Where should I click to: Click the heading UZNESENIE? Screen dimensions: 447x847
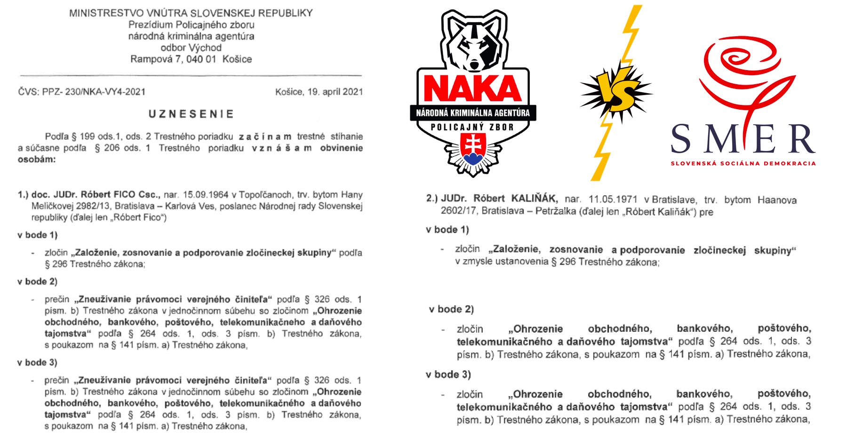[x=191, y=114]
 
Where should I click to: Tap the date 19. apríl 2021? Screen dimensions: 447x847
[x=335, y=92]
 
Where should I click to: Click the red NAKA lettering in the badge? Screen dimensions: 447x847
[x=472, y=88]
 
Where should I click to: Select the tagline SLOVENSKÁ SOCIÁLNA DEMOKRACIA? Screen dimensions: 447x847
[x=743, y=164]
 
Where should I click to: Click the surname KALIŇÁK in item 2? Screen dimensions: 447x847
[x=534, y=199]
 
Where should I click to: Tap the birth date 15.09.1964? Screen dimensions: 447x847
[x=206, y=195]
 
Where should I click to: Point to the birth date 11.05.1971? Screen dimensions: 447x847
[x=613, y=200]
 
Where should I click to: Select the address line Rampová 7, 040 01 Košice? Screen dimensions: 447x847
[x=191, y=59]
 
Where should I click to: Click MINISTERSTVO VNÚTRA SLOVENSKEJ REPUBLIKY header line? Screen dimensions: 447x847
[x=191, y=13]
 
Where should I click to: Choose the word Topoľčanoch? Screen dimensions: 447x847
[x=264, y=195]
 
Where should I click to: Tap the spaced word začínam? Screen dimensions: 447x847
[x=265, y=137]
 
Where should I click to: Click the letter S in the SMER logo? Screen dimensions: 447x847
[x=681, y=139]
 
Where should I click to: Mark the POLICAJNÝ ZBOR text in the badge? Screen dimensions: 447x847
[x=472, y=127]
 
